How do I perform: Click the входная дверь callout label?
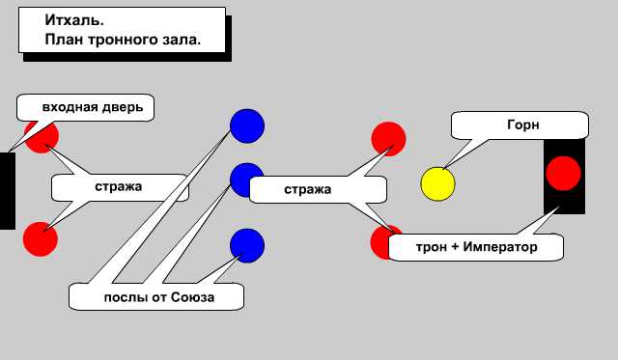point(92,107)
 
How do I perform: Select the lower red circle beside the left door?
point(40,238)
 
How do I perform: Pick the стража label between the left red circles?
point(119,186)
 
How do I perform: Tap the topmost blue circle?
point(246,125)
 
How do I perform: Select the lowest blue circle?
point(246,244)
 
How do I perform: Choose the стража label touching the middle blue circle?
point(308,189)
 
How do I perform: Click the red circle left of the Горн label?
point(388,138)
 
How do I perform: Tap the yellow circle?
point(437,183)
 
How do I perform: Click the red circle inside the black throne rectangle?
point(563,174)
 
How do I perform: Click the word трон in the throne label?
point(431,248)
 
